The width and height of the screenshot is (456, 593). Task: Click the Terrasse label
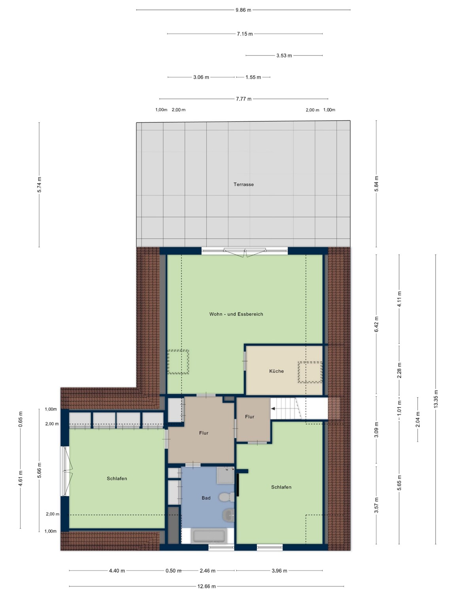[243, 185]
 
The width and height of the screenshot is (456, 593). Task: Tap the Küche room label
[276, 371]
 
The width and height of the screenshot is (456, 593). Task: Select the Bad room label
[206, 498]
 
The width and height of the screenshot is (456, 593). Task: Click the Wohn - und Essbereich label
[236, 314]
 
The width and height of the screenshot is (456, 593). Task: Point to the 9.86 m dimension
[243, 10]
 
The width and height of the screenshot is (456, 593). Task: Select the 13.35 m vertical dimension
[435, 399]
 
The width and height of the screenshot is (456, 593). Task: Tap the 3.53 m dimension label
[284, 56]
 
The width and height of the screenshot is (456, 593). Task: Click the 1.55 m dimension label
[253, 77]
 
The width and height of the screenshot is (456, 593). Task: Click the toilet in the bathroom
[226, 497]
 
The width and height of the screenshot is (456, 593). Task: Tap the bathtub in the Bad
[209, 536]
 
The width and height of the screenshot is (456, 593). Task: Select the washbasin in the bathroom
[228, 515]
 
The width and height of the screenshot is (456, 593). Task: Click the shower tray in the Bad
[226, 475]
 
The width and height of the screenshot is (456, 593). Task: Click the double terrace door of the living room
[244, 252]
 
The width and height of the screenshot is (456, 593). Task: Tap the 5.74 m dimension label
[39, 185]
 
